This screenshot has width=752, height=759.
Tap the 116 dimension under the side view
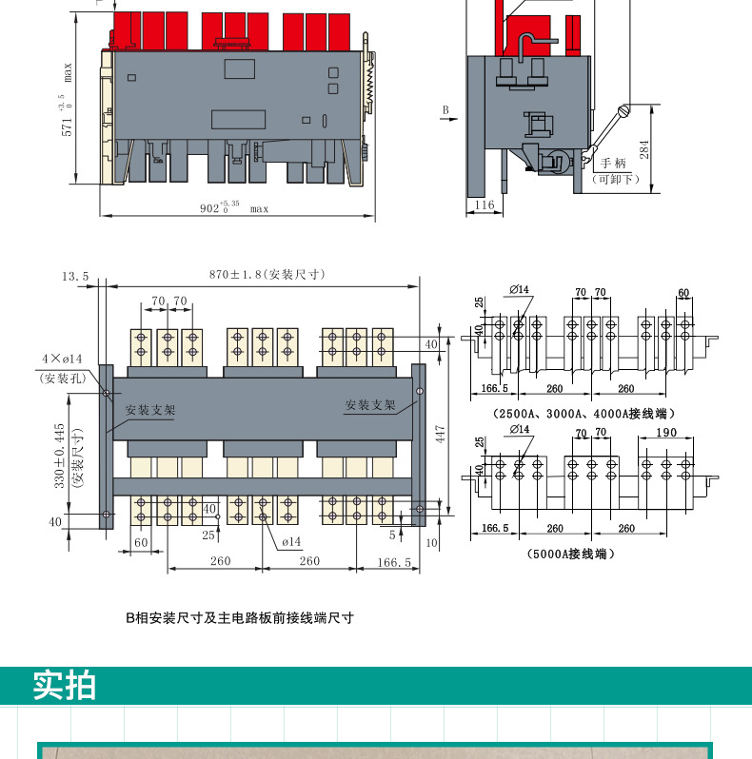click(485, 205)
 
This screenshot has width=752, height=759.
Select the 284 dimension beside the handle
click(643, 149)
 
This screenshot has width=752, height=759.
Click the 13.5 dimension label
click(75, 276)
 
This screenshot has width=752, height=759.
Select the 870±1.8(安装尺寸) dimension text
click(267, 274)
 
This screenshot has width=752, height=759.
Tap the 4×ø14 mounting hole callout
click(62, 359)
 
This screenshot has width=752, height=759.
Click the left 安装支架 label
click(150, 411)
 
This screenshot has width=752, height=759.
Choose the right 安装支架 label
click(370, 405)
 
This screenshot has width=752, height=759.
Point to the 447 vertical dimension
click(440, 434)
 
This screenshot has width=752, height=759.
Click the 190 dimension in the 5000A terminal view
click(665, 433)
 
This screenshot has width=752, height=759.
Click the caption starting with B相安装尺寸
click(240, 617)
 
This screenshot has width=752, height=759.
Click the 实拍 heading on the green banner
click(65, 685)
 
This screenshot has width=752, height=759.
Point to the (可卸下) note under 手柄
click(615, 179)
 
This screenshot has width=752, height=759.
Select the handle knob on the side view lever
click(624, 110)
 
